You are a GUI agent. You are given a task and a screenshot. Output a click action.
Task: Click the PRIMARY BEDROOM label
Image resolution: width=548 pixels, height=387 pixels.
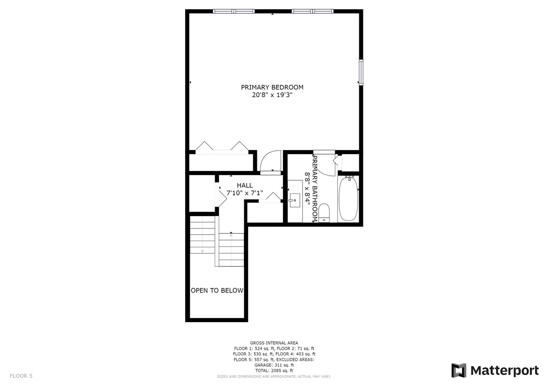coord(272,87)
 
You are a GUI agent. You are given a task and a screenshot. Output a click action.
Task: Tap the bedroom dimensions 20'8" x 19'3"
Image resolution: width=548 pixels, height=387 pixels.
coord(272,95)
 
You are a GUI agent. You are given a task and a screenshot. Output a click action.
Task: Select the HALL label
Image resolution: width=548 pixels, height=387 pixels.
coord(245,185)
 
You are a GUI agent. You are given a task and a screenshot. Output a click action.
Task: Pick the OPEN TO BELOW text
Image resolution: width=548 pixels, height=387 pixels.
coord(217,290)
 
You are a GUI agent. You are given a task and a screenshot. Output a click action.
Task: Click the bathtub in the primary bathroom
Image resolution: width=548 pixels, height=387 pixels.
coord(348,198)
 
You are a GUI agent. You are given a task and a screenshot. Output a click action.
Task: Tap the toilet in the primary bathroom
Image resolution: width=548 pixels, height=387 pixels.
coord(324,212)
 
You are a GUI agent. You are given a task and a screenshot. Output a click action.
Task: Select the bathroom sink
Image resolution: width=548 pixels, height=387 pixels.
coord(295,199)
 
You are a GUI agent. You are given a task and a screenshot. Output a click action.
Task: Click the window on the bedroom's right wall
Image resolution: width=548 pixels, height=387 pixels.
coord(360,72)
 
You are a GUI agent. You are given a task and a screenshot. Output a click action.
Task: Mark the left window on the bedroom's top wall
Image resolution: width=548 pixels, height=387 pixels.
coord(233,10)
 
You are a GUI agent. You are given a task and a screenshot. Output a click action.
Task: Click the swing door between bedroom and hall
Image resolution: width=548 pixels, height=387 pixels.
coord(270,162)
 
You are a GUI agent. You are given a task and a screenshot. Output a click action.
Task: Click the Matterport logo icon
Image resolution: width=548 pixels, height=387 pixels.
coord(459,370)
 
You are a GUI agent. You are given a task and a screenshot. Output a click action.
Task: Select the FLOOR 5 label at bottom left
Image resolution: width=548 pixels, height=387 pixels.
coord(21,375)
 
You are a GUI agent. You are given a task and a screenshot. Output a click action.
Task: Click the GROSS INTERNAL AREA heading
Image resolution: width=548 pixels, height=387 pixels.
coord(274,343)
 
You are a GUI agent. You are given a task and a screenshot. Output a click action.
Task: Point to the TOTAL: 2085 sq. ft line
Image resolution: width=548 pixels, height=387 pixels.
coord(274,370)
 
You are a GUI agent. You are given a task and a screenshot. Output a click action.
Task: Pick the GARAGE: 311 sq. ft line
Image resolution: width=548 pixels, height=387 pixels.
coord(274,365)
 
